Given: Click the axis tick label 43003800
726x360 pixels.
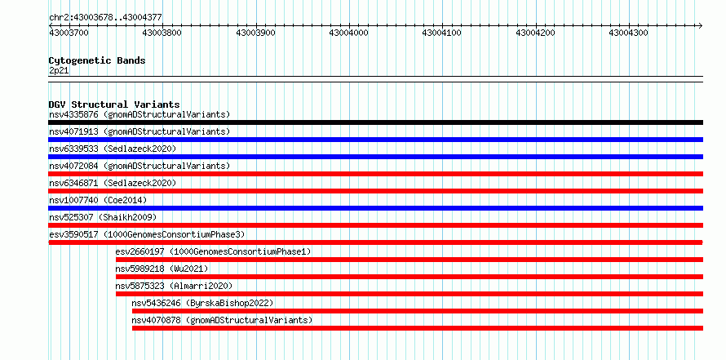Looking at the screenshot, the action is point(162,33).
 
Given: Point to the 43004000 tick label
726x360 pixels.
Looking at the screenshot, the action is point(348,33).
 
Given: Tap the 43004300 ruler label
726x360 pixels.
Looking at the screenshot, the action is point(628,33).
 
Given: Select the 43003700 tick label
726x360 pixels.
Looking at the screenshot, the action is point(69,33).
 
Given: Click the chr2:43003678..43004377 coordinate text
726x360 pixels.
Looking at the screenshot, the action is point(105,18).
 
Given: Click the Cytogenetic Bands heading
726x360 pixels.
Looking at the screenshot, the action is point(97,60).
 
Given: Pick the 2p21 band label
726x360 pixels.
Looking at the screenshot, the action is point(59,70).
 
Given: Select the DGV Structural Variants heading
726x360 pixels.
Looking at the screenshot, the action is point(114,104).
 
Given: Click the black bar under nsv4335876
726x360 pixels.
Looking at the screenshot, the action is point(375,122).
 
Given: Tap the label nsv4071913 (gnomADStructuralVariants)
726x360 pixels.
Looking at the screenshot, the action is point(139,131).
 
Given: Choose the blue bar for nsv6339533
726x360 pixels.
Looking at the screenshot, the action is point(375,157).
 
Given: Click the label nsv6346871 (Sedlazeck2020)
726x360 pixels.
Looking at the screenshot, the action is point(113,183).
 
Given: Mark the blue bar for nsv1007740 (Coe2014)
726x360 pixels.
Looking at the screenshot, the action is point(375,208).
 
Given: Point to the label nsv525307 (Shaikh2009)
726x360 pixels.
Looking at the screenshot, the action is point(103,217).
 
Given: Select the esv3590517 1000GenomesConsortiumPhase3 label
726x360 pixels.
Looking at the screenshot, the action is point(147,234).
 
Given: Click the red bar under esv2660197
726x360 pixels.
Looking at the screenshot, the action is point(409,260).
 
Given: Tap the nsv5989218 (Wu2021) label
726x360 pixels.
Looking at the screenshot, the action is point(162,269).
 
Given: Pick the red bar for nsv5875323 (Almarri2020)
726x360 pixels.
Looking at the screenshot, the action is point(409,294).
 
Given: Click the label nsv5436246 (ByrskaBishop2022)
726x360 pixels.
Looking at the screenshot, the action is point(202,303).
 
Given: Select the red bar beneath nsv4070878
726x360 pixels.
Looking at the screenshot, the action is point(417,328).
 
